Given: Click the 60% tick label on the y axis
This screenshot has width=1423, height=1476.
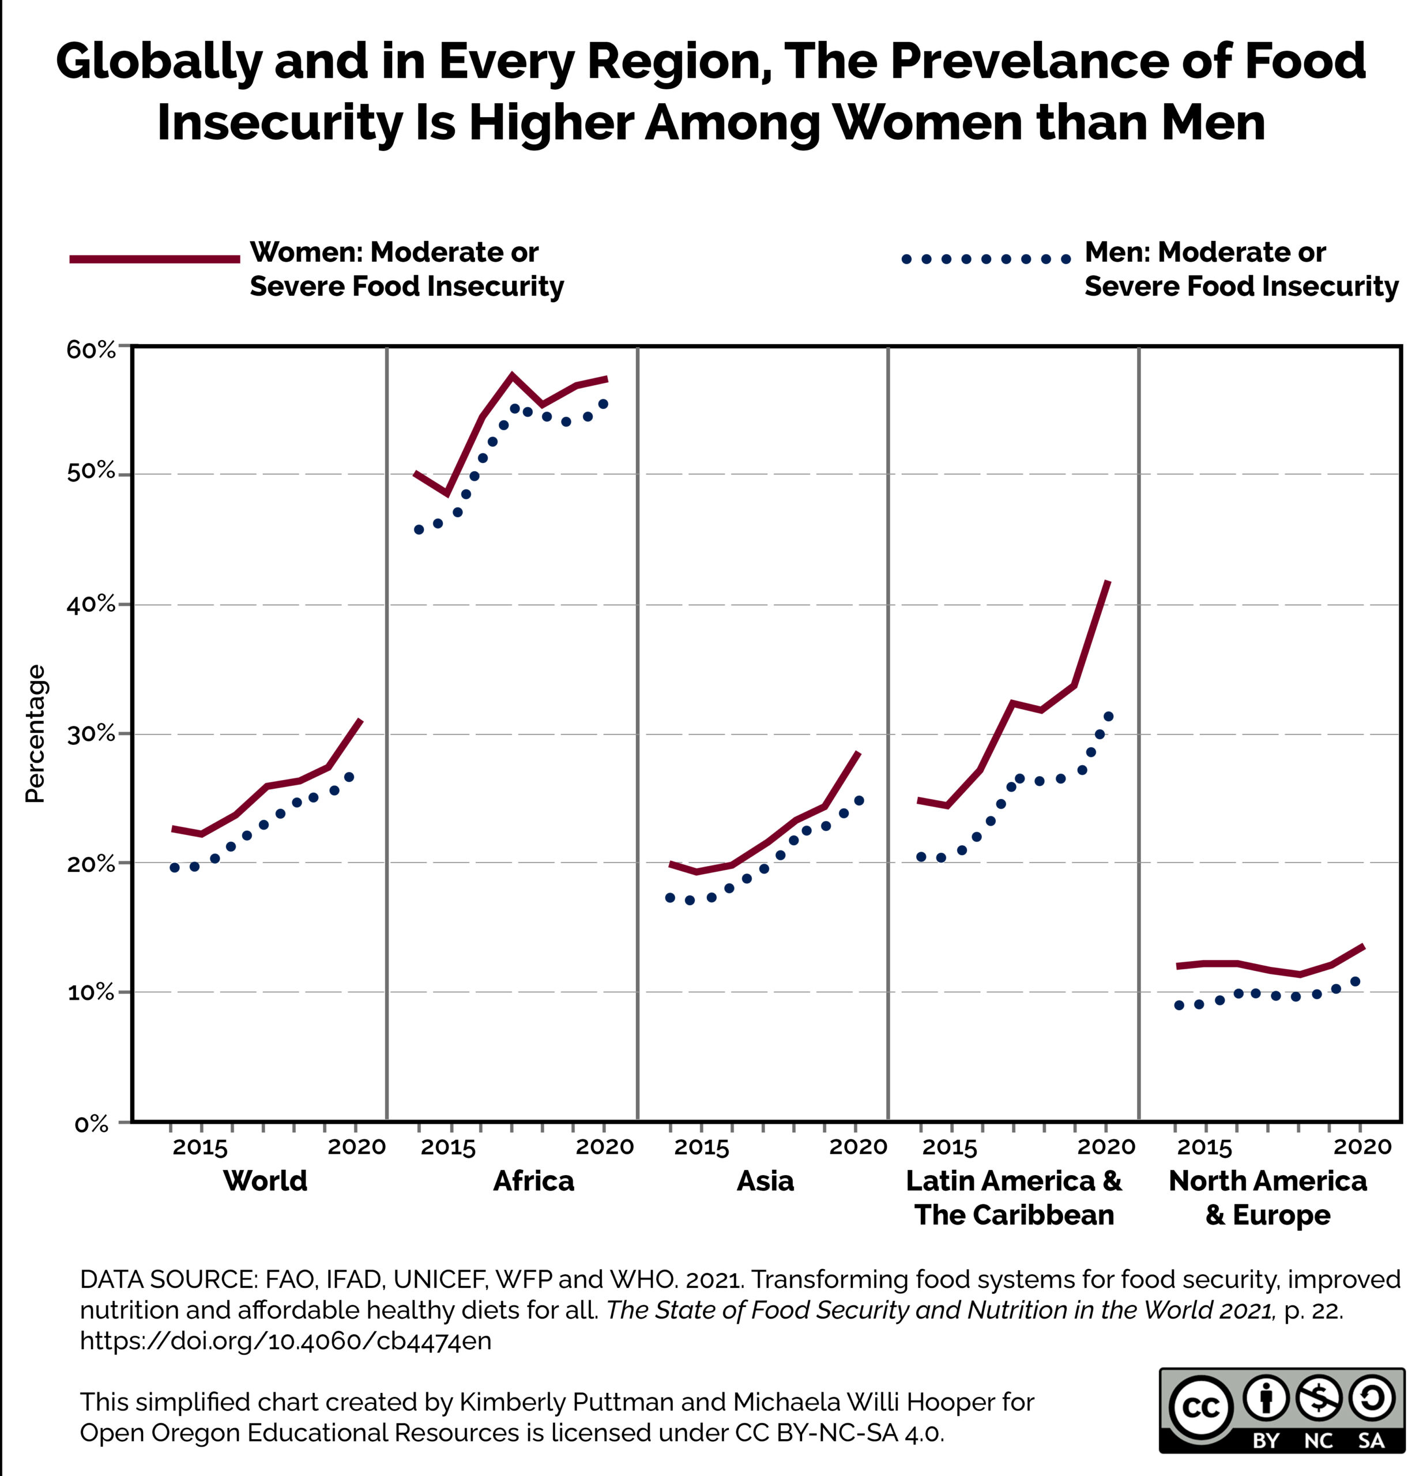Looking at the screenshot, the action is tap(91, 349).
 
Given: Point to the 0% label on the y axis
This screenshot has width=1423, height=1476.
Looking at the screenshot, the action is tap(92, 1124).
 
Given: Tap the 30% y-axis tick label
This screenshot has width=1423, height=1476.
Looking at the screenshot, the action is tap(91, 734).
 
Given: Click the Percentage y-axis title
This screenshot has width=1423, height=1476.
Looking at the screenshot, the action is tap(35, 734).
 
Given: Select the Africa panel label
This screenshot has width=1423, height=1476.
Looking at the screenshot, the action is tap(533, 1181).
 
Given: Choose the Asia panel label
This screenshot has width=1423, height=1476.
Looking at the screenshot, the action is tap(765, 1181).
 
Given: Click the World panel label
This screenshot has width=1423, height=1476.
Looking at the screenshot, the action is tap(265, 1181).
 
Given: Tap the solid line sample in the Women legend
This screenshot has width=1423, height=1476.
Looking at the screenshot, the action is tap(155, 259).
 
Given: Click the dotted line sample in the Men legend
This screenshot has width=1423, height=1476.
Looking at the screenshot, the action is tap(985, 259).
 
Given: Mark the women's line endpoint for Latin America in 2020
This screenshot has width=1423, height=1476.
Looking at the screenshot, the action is tap(1108, 581).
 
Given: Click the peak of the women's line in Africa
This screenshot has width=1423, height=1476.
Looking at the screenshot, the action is tap(512, 375).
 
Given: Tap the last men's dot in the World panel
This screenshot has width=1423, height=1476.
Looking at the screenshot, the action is tap(349, 777).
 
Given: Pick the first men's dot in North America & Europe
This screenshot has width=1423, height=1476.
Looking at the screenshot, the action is tap(1179, 1006).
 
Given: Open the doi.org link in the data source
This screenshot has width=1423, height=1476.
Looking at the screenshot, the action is tap(285, 1341).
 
